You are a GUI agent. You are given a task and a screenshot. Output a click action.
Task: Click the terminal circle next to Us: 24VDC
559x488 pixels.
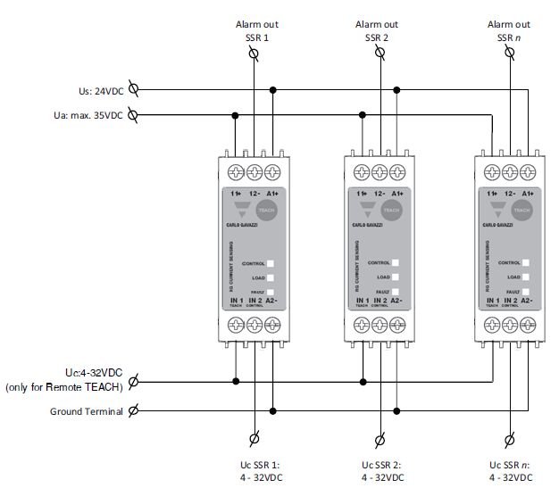pyautogui.click(x=133, y=89)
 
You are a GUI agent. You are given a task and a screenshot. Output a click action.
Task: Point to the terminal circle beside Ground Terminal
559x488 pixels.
pyautogui.click(x=133, y=411)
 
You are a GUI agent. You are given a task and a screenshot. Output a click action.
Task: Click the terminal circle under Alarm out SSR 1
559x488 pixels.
pyautogui.click(x=254, y=54)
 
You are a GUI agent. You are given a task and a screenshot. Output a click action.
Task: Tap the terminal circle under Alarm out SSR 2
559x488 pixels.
pyautogui.click(x=380, y=54)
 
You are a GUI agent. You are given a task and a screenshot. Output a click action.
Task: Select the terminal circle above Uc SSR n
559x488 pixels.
pyautogui.click(x=510, y=439)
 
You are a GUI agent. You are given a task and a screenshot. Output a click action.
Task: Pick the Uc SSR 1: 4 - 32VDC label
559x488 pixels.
pyautogui.click(x=254, y=471)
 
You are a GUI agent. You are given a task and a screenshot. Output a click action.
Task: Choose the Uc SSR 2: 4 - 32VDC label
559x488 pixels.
pyautogui.click(x=380, y=471)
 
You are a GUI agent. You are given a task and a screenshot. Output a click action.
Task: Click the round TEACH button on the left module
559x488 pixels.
pyautogui.click(x=267, y=211)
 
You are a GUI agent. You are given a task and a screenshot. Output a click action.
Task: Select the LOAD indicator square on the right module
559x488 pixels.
pyautogui.click(x=525, y=277)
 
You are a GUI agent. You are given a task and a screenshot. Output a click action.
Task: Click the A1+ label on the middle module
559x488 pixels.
pyautogui.click(x=399, y=193)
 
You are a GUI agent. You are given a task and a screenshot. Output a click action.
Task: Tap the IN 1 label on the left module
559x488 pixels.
pyautogui.click(x=236, y=302)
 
